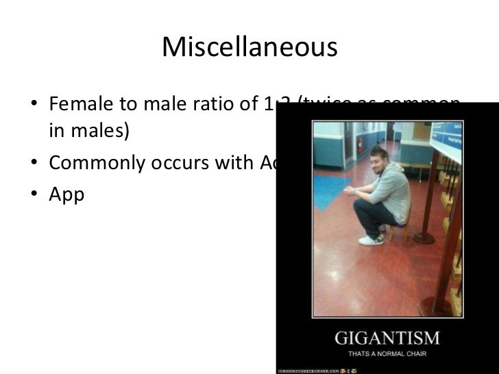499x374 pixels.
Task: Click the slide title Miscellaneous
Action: pos(249,47)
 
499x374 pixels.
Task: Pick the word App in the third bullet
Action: pos(66,195)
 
